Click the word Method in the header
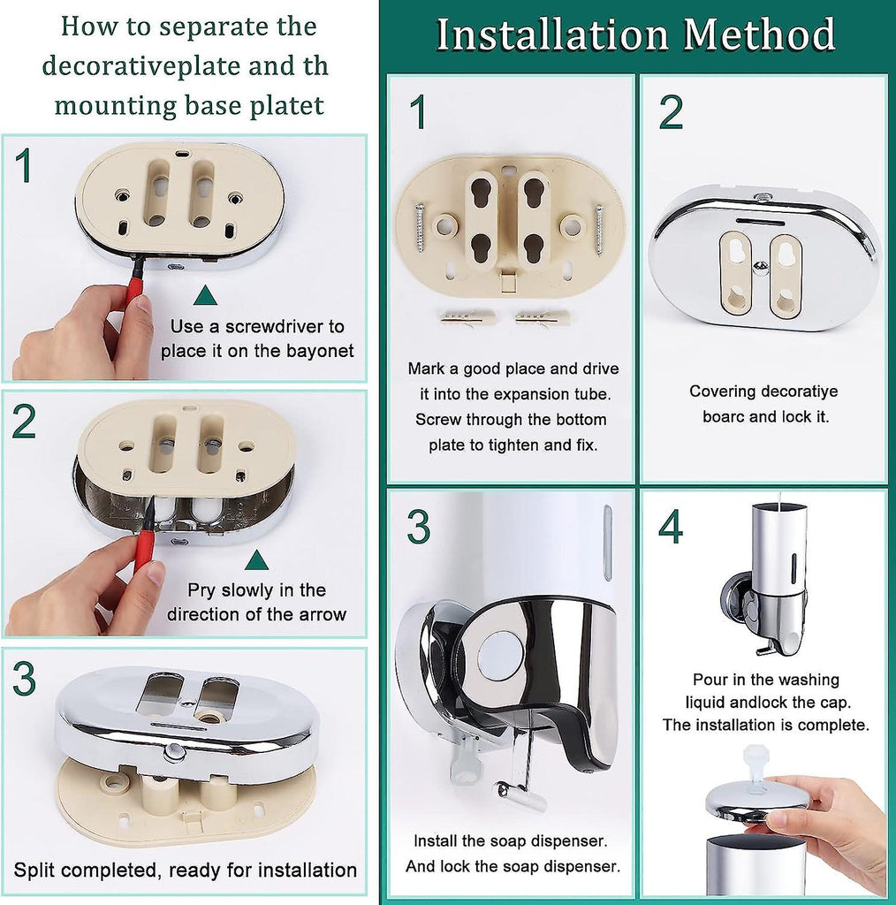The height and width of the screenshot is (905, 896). (759, 34)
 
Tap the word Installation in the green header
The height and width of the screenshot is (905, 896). (552, 34)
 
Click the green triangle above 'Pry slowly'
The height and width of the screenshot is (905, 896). (256, 559)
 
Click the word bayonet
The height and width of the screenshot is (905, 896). (320, 351)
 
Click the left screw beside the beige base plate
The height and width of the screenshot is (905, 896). (420, 227)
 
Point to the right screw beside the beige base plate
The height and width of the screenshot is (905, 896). (599, 230)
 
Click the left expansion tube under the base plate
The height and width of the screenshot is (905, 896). (468, 318)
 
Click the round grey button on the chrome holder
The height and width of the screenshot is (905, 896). (500, 657)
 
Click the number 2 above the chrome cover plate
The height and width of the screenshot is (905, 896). (671, 112)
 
